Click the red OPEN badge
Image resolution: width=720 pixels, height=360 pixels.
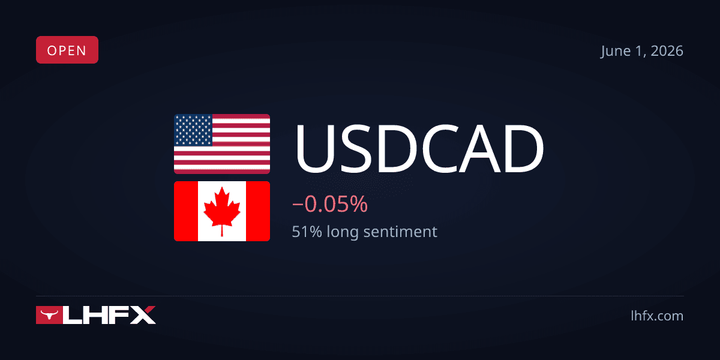[67, 50]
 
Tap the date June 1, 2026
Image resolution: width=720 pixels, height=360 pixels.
[642, 51]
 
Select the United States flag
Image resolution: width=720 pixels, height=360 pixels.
[222, 144]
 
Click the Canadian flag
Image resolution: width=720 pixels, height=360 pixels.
[222, 211]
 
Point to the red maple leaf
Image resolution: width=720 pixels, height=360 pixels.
[222, 211]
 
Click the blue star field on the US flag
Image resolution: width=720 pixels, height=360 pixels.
[193, 130]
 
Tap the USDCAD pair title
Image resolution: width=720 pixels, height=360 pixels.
[419, 149]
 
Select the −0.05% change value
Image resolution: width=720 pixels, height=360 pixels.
[330, 204]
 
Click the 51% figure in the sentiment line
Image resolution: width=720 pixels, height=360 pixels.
[307, 232]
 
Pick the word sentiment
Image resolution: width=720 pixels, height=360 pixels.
[401, 232]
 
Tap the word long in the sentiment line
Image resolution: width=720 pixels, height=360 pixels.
[343, 233]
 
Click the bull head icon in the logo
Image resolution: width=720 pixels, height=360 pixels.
[49, 314]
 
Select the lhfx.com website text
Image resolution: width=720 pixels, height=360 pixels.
[657, 316]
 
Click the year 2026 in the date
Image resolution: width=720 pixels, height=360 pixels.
[667, 51]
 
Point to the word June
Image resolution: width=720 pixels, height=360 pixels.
[614, 52]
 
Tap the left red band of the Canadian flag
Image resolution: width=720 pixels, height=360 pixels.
[186, 211]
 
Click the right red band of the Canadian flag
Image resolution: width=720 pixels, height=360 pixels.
[258, 211]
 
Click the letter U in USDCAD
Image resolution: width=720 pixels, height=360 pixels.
[315, 149]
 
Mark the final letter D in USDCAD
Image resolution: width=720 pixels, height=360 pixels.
[524, 149]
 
